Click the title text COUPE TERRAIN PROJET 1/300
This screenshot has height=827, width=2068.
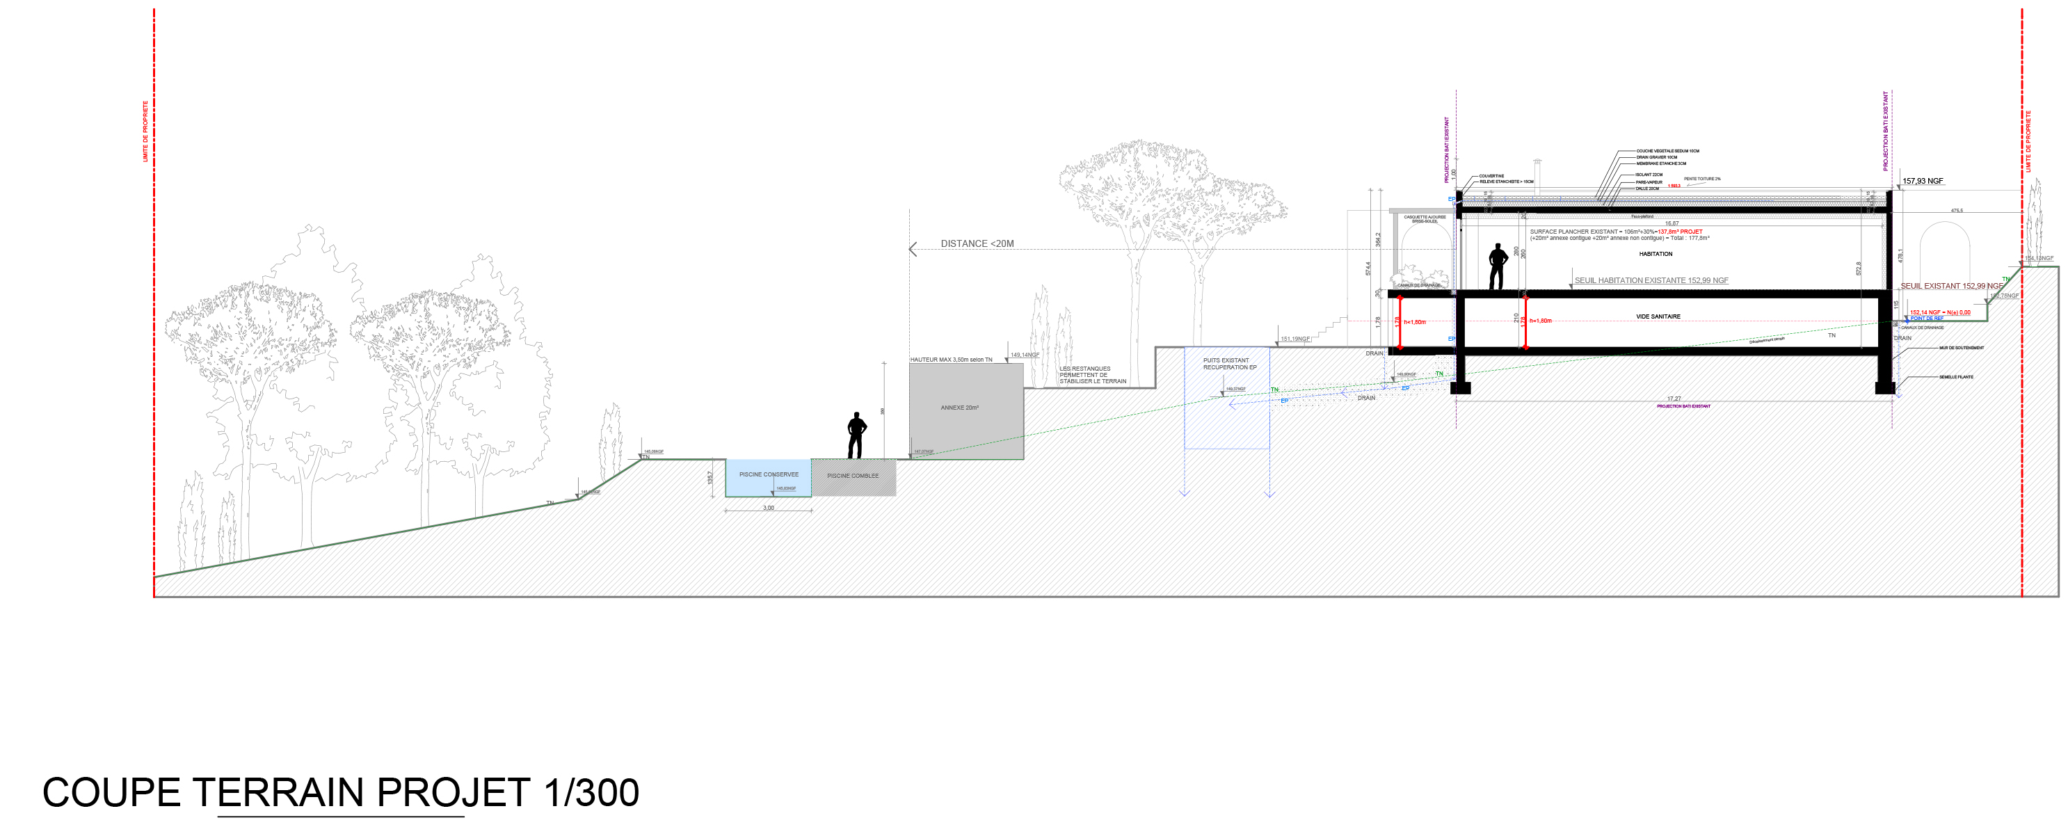coord(340,792)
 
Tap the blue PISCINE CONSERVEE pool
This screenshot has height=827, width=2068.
coord(768,479)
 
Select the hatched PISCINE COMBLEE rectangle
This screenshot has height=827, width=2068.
coord(853,477)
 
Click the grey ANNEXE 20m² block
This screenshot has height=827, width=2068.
coord(965,410)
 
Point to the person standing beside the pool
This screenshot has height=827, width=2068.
coord(856,435)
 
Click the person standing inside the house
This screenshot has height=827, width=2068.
coord(1497,266)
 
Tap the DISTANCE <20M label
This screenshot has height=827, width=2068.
coord(977,243)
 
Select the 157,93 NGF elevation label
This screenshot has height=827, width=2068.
coord(1923,181)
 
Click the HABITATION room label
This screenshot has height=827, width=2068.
coord(1656,254)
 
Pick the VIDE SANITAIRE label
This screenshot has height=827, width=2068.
coord(1658,316)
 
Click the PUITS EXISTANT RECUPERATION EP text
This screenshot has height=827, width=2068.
coord(1228,364)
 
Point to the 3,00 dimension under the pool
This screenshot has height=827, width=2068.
coord(768,508)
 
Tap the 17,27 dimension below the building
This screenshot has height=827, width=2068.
coord(1673,399)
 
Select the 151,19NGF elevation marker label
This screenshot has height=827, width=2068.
coord(1295,339)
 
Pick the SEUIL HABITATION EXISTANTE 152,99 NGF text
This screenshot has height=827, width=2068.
coord(1651,280)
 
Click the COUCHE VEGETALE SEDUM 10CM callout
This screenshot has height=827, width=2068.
coord(1667,151)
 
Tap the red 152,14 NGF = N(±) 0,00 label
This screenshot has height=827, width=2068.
coord(1939,312)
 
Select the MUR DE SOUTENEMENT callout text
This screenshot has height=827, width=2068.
coord(1962,348)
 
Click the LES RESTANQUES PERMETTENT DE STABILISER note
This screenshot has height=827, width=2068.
coord(1092,375)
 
